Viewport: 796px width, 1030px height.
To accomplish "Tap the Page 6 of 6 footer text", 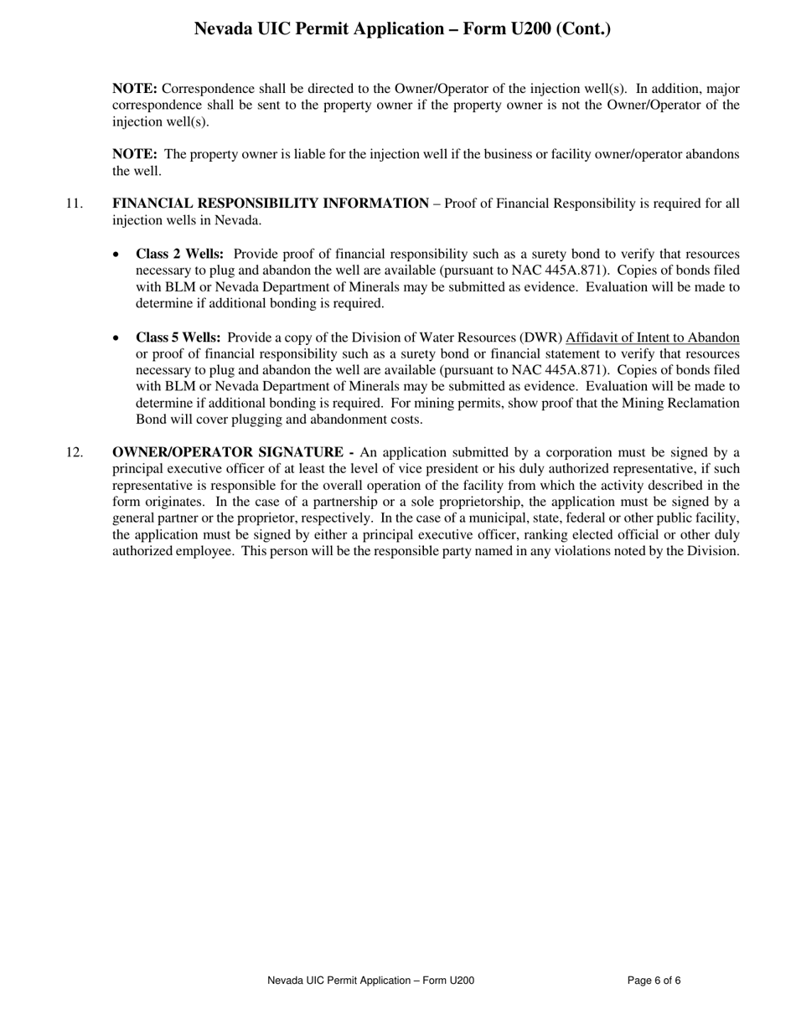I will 654,981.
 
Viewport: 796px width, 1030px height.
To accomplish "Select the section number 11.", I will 74,203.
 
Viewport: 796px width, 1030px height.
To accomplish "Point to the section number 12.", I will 74,453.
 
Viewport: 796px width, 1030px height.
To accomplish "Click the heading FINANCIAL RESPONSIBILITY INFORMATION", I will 271,203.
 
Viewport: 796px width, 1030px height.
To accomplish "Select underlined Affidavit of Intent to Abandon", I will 653,337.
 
